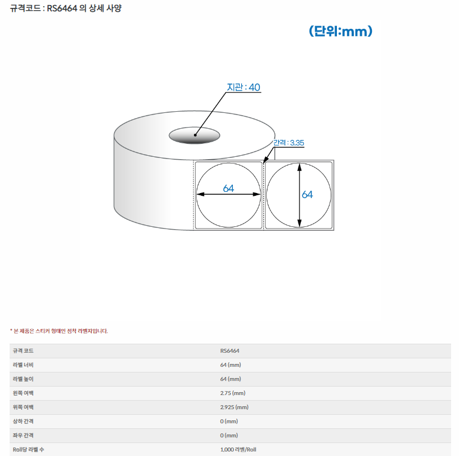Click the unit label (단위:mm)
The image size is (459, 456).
tap(340, 31)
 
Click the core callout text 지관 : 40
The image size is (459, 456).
tap(243, 87)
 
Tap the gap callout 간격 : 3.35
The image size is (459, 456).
tap(288, 143)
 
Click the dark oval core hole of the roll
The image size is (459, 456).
tap(194, 135)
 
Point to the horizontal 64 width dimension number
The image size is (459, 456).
tap(228, 188)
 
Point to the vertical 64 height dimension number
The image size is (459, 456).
tap(307, 194)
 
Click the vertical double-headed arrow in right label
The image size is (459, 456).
tap(299, 195)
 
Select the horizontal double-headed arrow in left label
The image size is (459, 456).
tap(228, 194)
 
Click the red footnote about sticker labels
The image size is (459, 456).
tap(59, 331)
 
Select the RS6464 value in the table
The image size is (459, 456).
tap(229, 351)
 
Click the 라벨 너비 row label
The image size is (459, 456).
tap(23, 365)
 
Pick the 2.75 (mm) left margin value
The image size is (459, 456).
tap(233, 393)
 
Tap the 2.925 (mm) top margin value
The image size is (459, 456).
tap(234, 407)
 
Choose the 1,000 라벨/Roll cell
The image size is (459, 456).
tap(238, 450)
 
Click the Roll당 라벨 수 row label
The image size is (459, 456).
tap(28, 450)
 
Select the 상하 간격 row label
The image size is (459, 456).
tap(23, 421)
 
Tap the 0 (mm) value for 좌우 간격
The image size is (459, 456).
tap(229, 436)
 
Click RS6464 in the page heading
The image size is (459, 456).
tap(62, 8)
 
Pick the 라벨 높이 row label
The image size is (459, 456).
tap(23, 379)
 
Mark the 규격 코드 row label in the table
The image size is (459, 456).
tap(23, 351)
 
